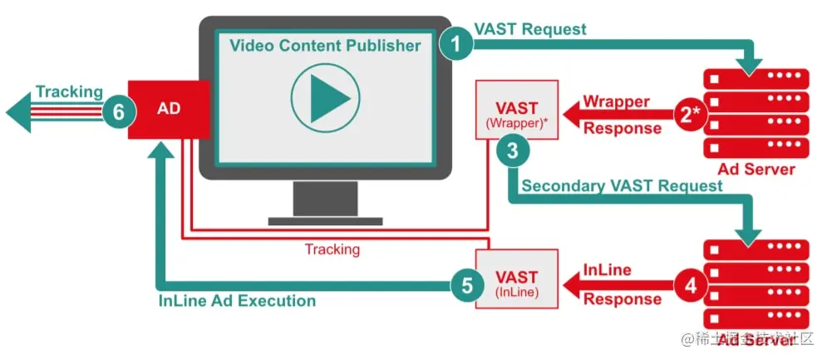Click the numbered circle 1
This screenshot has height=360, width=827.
455,42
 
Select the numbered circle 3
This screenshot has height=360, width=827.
512,150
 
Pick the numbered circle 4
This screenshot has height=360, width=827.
690,286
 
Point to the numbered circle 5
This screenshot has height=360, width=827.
467,286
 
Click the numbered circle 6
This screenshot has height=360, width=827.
119,111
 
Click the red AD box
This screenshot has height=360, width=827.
169,110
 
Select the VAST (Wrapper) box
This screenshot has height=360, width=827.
516,111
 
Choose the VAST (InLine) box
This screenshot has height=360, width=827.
516,279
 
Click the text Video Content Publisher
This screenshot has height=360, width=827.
325,45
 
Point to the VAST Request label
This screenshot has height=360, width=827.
529,28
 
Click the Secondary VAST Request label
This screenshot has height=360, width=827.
622,185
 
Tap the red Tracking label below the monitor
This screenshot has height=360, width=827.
332,249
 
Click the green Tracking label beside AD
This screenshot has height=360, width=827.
69,91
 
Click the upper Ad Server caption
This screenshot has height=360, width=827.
756,170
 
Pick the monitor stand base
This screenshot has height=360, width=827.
325,221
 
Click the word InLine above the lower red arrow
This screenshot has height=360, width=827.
607,270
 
